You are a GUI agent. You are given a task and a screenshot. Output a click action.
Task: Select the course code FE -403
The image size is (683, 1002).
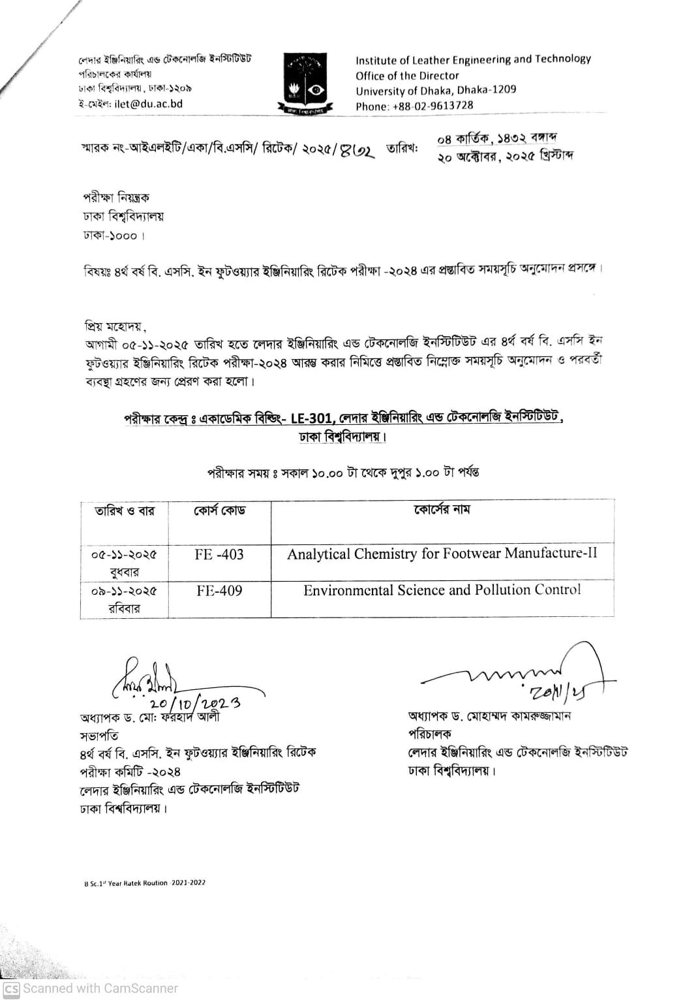219,555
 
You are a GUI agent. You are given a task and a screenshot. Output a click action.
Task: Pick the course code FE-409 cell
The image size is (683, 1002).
219,591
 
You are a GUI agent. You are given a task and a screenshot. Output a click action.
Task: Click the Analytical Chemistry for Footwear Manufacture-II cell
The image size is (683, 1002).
442,554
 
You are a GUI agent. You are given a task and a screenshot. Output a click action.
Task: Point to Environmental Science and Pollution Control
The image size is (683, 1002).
442,590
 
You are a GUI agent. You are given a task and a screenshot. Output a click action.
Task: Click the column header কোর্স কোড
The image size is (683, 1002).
219,510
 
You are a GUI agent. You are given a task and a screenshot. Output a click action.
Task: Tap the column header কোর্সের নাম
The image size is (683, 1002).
442,510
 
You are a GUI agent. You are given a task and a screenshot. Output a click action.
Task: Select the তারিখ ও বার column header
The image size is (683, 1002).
125,511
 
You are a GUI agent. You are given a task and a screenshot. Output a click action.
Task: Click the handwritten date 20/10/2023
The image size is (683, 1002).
194,703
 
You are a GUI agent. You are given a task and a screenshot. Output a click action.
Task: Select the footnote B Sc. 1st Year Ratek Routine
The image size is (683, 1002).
144,883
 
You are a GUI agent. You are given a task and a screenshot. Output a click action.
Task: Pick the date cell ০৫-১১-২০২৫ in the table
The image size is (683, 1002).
124,555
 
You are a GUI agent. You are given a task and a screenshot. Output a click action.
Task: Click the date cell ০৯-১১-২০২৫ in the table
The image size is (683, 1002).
124,591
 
